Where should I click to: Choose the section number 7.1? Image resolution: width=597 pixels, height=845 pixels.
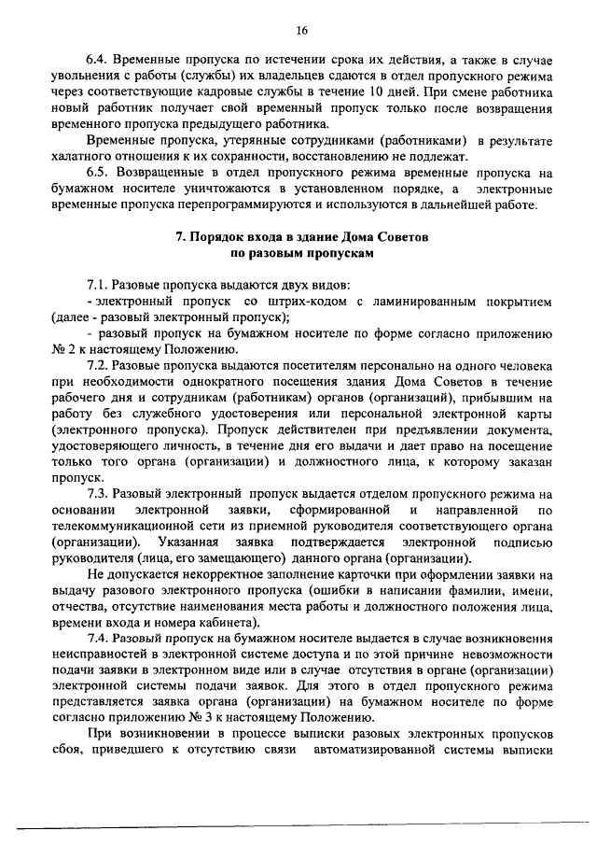[x=98, y=283]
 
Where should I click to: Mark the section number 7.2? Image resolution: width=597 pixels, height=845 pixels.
[x=98, y=368]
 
